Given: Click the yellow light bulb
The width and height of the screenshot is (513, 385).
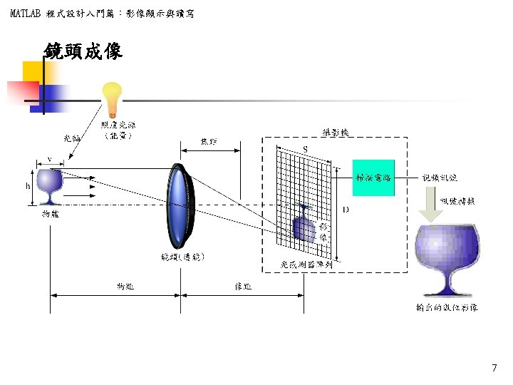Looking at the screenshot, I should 112,98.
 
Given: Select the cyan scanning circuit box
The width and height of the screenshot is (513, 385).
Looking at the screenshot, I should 373,178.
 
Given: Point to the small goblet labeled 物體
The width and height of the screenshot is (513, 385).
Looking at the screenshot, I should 49,187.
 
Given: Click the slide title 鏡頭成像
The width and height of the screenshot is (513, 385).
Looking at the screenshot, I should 83,51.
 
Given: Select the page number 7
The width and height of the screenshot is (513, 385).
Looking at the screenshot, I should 494,368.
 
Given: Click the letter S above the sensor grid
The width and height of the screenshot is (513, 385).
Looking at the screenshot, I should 306,148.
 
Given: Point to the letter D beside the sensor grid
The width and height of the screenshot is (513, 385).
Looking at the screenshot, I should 346,210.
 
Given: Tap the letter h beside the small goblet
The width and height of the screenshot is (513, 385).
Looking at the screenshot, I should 28,187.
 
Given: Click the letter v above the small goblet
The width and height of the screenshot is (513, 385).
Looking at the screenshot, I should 49,158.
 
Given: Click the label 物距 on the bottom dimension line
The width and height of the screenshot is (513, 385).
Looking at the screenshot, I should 126,287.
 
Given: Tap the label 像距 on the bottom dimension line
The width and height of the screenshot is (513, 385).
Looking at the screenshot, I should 243,287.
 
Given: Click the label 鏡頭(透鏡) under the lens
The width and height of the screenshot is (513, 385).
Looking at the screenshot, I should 183,256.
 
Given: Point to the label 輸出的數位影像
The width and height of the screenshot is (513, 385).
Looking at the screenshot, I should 447,308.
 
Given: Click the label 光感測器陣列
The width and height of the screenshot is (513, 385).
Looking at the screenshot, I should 307,264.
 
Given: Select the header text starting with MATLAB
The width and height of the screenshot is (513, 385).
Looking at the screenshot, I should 103,14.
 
